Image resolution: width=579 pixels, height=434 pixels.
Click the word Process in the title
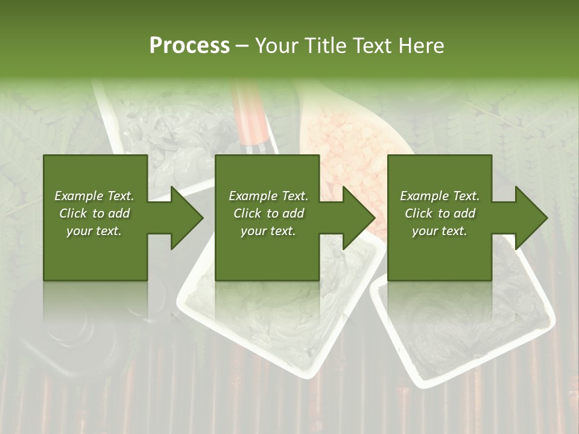(x=189, y=45)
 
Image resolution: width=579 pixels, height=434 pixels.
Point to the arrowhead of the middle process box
(x=358, y=218)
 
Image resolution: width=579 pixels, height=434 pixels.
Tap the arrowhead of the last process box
(x=531, y=218)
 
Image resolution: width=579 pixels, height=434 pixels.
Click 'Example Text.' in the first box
(x=94, y=196)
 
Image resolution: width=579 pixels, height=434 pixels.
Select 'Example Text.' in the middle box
(x=268, y=196)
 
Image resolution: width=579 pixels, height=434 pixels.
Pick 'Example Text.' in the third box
(x=440, y=196)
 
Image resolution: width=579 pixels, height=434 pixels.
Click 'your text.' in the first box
(x=94, y=231)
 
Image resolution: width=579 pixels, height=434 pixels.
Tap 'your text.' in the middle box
(x=268, y=231)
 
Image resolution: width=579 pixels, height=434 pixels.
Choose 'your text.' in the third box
(x=440, y=231)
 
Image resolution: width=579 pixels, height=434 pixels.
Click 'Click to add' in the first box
(x=94, y=213)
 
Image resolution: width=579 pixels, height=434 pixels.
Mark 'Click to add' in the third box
(x=440, y=213)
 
